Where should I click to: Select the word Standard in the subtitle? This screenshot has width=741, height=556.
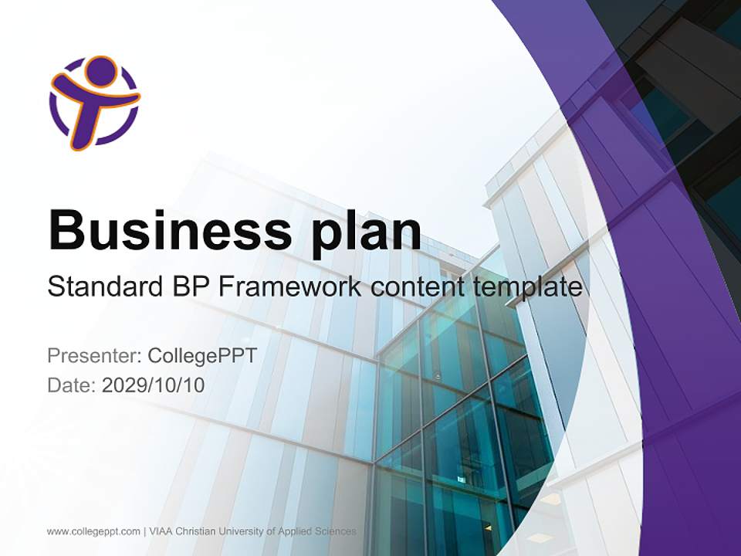tap(100, 287)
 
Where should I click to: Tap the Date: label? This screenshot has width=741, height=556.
tap(72, 385)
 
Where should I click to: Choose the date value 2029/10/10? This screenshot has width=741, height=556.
tap(154, 385)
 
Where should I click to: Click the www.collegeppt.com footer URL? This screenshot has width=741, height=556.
tap(93, 531)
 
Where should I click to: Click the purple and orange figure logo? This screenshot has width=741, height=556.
tap(94, 102)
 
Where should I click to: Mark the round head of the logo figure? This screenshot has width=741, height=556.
tap(100, 71)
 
